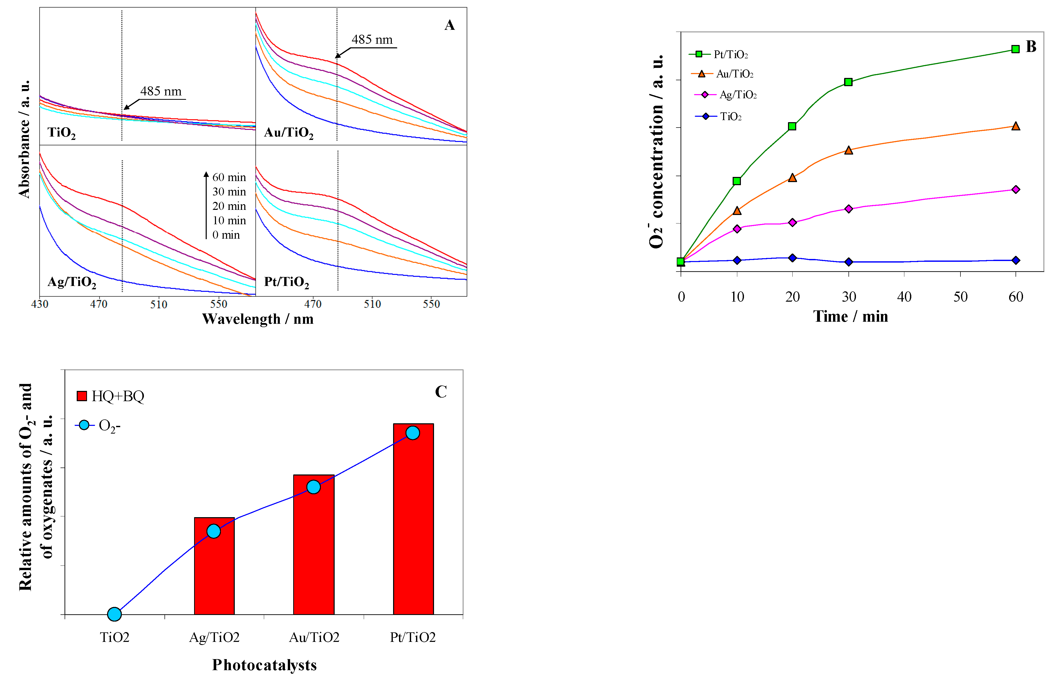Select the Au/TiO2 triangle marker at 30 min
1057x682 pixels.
[848, 150]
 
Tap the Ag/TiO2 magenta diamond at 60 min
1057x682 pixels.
[1015, 190]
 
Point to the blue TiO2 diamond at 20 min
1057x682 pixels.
[792, 258]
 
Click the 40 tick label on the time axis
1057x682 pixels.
[904, 297]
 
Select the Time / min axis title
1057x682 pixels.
[850, 316]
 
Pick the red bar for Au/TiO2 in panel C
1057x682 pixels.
[314, 545]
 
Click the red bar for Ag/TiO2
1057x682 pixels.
[214, 566]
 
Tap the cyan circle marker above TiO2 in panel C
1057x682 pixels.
[114, 614]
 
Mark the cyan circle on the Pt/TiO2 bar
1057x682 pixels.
[413, 433]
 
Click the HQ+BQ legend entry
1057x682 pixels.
[110, 396]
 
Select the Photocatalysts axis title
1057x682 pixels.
[265, 665]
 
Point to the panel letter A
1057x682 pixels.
[449, 25]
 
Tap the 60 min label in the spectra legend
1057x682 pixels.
[229, 177]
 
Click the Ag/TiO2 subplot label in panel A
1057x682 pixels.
[72, 282]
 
